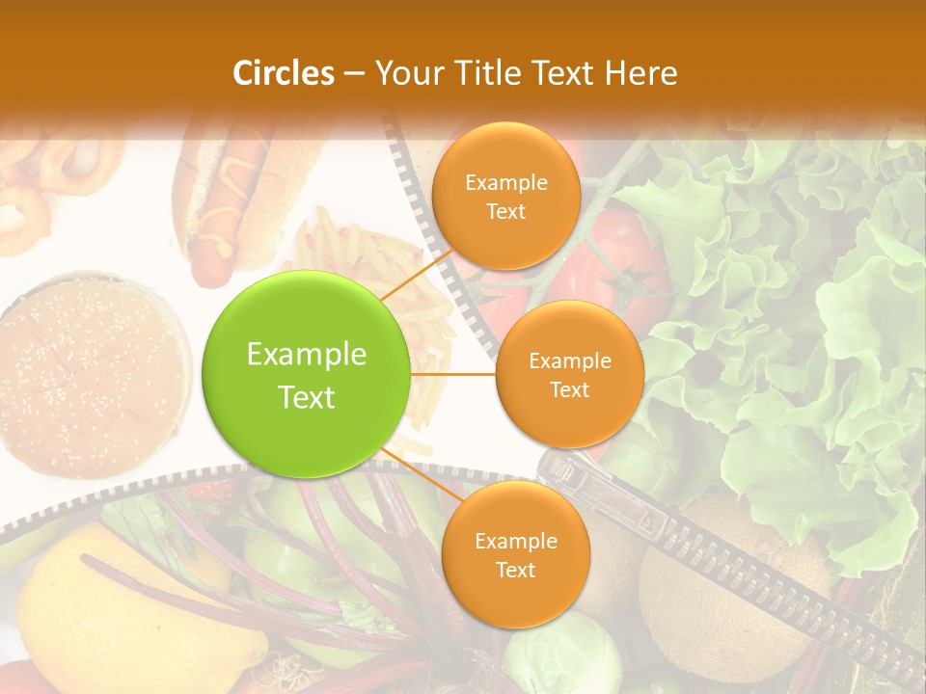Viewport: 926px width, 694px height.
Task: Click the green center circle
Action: click(306, 374)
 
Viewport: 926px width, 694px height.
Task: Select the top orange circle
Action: click(505, 196)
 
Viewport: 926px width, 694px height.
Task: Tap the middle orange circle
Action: click(569, 374)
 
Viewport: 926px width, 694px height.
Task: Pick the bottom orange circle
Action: click(515, 554)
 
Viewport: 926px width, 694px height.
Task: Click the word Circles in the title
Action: click(284, 73)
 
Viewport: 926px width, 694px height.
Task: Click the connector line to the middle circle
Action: click(452, 374)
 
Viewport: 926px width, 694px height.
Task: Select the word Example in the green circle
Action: click(306, 355)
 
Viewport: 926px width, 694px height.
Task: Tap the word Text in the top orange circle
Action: click(505, 211)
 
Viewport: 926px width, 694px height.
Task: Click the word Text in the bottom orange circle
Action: click(515, 570)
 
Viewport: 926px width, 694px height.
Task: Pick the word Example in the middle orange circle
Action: click(569, 360)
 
